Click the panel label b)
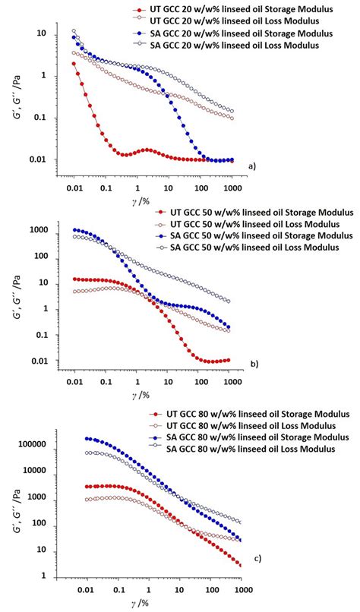coord(253,363)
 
